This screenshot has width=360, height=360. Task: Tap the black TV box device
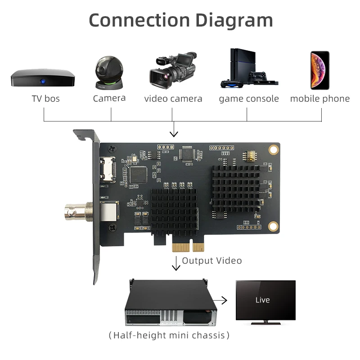click(x=43, y=78)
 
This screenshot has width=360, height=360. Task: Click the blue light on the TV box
click(x=43, y=81)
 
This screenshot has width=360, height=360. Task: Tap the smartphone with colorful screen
click(x=319, y=70)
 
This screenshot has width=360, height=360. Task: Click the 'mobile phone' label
click(x=319, y=99)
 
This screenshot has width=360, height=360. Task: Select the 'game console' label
click(x=249, y=99)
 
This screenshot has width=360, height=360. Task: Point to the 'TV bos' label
click(x=45, y=99)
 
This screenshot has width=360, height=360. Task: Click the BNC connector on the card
click(x=76, y=209)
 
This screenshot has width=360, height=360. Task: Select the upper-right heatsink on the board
click(x=236, y=186)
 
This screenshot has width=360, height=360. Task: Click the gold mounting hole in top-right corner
click(x=273, y=149)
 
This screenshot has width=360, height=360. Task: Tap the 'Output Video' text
click(x=211, y=261)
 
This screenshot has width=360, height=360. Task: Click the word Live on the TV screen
click(x=262, y=300)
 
